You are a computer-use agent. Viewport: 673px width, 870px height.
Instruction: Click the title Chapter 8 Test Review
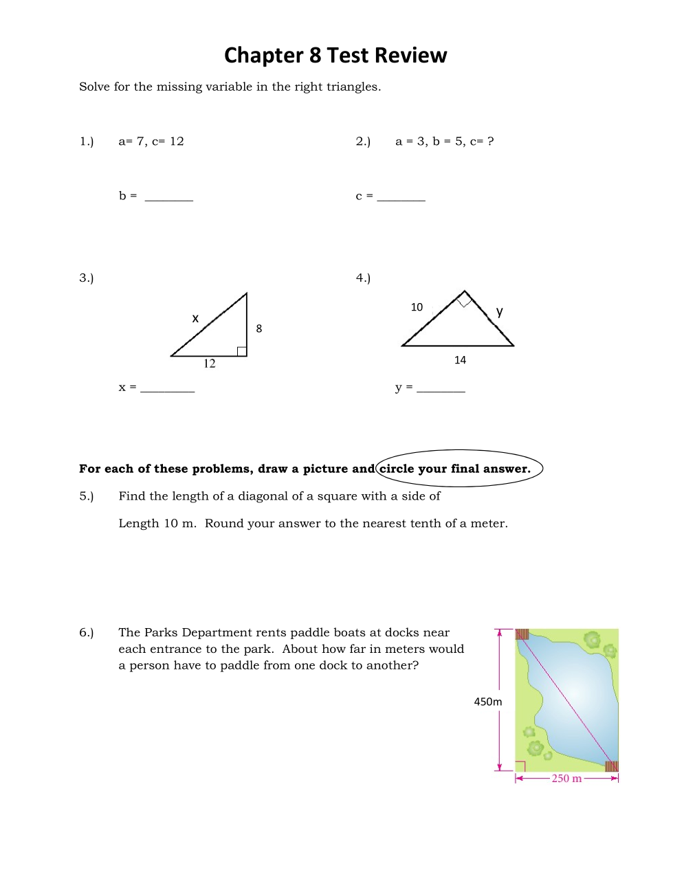tap(335, 55)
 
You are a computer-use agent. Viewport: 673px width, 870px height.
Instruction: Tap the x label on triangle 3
tap(195, 318)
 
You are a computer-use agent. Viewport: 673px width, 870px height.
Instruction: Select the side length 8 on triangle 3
tap(259, 328)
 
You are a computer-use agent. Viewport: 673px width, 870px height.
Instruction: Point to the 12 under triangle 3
tap(210, 364)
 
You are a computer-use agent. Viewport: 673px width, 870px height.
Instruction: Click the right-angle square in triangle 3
tap(242, 351)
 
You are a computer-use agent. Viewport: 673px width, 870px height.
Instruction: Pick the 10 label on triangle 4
tap(417, 307)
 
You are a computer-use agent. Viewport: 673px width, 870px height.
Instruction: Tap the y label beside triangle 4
tap(500, 311)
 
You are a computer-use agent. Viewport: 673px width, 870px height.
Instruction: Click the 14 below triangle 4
tap(460, 360)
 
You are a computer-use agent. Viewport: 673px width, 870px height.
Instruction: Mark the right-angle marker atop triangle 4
tap(465, 299)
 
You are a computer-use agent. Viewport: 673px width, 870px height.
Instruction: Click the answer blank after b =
tap(169, 198)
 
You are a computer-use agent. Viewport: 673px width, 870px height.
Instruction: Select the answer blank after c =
tap(401, 198)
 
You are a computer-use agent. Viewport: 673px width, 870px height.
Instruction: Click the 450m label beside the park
tap(488, 702)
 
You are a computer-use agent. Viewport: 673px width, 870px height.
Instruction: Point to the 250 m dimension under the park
tap(566, 779)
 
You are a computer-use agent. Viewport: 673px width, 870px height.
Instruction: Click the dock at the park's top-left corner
tap(522, 634)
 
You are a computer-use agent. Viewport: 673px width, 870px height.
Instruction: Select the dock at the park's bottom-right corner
tap(611, 766)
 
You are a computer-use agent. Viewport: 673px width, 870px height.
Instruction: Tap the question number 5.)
tap(86, 496)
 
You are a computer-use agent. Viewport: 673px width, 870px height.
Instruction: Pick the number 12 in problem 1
tap(177, 142)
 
